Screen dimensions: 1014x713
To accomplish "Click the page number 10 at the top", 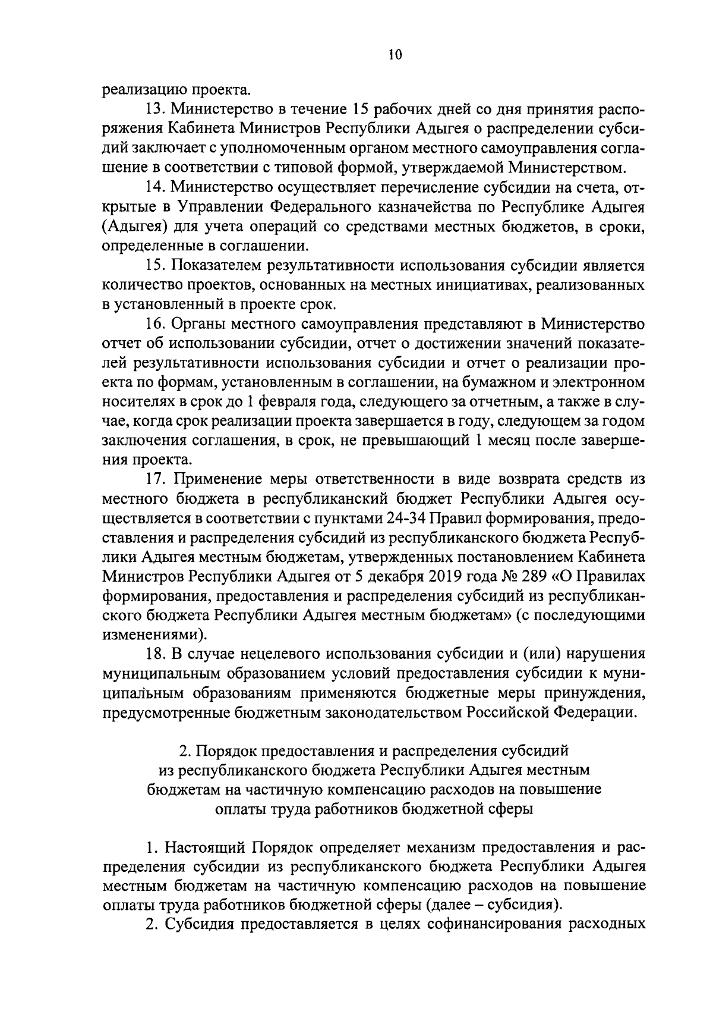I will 395,55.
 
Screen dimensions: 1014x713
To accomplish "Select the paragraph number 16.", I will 154,324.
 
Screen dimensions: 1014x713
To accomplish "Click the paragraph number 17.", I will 154,479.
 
